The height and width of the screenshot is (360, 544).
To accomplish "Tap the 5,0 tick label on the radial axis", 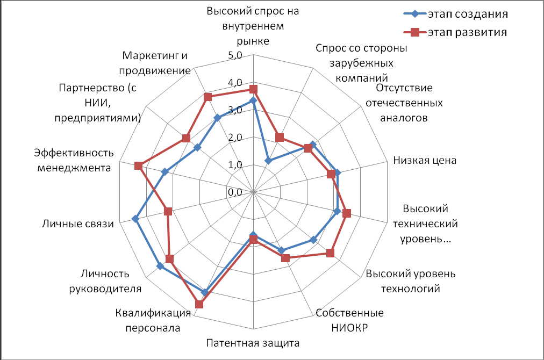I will pyautogui.click(x=236, y=55).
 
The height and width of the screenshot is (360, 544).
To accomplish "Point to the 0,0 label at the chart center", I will pyautogui.click(x=236, y=192).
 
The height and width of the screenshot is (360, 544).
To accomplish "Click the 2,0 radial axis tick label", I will pyautogui.click(x=236, y=138).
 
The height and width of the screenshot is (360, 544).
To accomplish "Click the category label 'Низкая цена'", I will pyautogui.click(x=425, y=160).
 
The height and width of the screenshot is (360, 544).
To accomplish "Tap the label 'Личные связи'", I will pyautogui.click(x=78, y=224).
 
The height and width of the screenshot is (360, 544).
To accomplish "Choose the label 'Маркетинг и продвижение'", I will pyautogui.click(x=156, y=63).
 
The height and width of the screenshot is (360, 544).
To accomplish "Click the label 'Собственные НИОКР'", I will pyautogui.click(x=349, y=321).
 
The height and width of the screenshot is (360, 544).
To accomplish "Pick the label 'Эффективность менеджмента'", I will pyautogui.click(x=73, y=160).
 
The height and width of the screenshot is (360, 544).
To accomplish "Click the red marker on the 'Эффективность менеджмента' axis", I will pyautogui.click(x=138, y=165).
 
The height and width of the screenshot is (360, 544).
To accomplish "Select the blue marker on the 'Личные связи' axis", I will pyautogui.click(x=135, y=219).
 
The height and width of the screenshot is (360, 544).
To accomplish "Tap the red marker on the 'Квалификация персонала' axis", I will pyautogui.click(x=199, y=304).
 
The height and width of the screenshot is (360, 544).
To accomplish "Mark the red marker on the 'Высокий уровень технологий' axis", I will pyautogui.click(x=330, y=253).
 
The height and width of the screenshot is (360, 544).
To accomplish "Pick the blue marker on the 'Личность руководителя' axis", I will pyautogui.click(x=160, y=267).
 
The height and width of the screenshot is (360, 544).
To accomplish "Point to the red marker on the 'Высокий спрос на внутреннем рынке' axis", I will pyautogui.click(x=254, y=89).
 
